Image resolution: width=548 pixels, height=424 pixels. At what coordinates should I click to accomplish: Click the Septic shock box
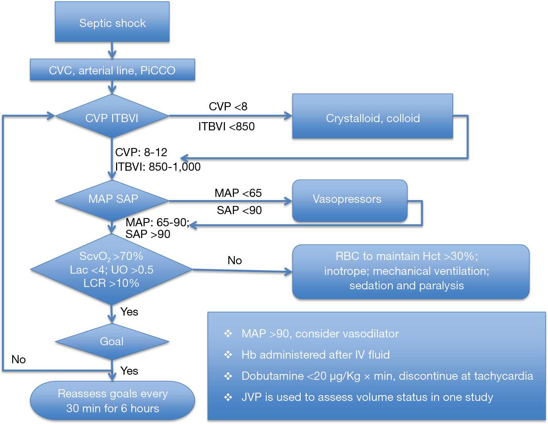tap(112, 22)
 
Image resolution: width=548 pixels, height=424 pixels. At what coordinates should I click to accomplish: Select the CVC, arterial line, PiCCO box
tap(113, 70)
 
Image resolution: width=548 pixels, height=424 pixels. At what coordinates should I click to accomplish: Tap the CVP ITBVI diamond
tap(112, 116)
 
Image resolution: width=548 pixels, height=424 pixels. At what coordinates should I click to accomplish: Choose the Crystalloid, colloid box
tap(373, 116)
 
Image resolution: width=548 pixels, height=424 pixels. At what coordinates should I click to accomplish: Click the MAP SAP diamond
tap(112, 201)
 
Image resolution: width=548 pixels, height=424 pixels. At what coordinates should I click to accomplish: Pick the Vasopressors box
tap(350, 201)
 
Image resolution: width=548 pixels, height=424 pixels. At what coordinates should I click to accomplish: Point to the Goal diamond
tap(112, 342)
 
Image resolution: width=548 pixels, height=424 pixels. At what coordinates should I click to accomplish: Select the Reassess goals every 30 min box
tap(113, 401)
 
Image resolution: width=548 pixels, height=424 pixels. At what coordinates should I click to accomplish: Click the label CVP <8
tap(228, 106)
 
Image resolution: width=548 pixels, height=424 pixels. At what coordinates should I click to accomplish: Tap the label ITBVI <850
tap(227, 126)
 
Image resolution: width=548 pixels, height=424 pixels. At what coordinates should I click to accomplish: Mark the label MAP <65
tap(238, 193)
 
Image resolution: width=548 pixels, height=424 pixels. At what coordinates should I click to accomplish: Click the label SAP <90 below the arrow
tap(239, 210)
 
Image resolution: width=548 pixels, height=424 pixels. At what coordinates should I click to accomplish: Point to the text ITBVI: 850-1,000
tap(158, 167)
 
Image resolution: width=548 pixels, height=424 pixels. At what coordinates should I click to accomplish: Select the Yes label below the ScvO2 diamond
tap(129, 312)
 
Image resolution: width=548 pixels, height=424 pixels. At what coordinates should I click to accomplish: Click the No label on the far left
tap(18, 359)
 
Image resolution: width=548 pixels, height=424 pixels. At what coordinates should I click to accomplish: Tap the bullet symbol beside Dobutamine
tap(228, 376)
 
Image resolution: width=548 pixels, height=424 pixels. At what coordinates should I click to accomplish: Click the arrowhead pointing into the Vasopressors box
tap(289, 201)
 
